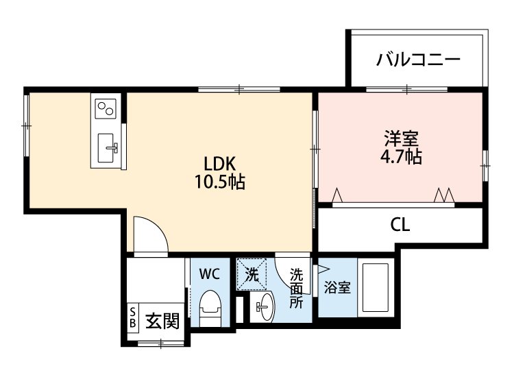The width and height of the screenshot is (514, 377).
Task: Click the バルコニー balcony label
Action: click(x=417, y=60)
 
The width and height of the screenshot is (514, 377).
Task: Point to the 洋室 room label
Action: click(x=401, y=137)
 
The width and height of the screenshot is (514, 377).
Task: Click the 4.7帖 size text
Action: click(x=401, y=156)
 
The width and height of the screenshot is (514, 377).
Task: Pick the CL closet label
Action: click(x=400, y=224)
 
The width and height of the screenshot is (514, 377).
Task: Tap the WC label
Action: click(x=209, y=274)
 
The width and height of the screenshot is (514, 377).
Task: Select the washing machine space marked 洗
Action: click(x=252, y=276)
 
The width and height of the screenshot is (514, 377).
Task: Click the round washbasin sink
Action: click(x=263, y=305)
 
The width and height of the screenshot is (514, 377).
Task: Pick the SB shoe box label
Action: click(x=132, y=319)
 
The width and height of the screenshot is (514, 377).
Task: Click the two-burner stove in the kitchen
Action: click(x=106, y=108)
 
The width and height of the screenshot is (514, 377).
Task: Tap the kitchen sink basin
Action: click(x=108, y=147)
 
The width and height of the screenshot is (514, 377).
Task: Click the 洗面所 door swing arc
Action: click(x=286, y=267)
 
